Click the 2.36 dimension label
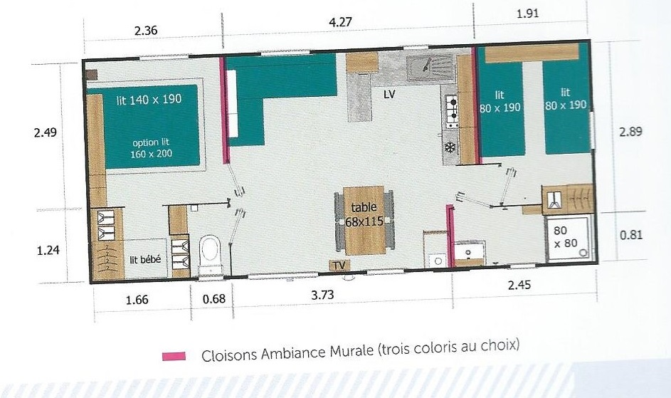(146, 31)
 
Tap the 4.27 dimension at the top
(340, 22)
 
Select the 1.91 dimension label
(527, 14)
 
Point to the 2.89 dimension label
(630, 131)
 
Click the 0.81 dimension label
(630, 235)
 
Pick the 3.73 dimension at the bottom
(322, 295)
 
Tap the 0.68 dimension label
(213, 298)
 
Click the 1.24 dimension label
(48, 250)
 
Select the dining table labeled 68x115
(364, 220)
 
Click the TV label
(339, 266)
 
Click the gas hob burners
(451, 110)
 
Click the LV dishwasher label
(389, 95)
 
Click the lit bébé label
(145, 260)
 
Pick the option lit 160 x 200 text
(151, 148)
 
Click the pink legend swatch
(174, 356)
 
